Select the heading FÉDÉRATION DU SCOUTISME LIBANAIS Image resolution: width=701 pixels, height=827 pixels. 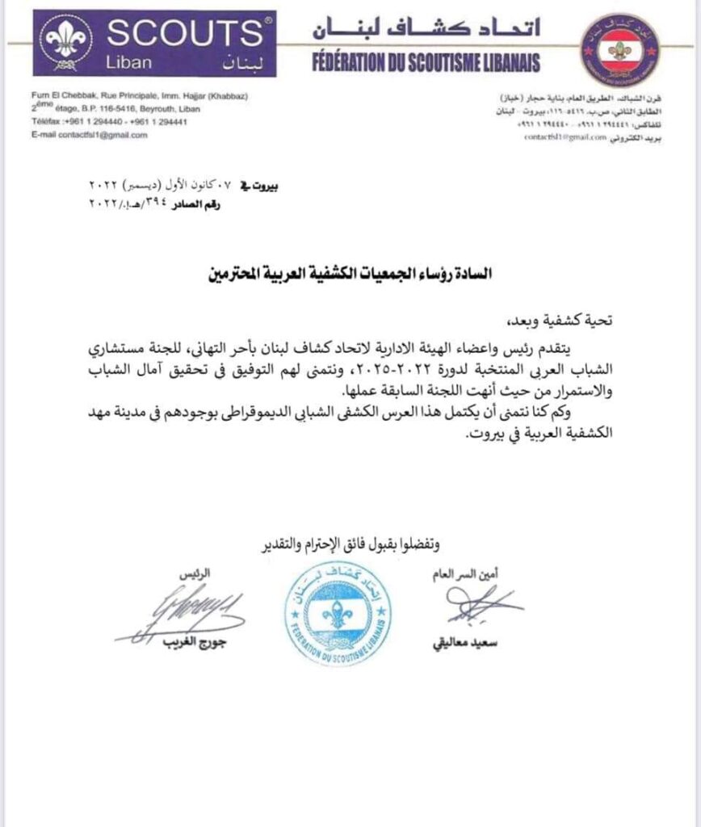point(425,62)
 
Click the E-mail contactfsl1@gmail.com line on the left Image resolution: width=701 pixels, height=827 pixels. point(90,135)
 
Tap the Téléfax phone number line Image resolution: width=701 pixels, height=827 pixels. point(110,121)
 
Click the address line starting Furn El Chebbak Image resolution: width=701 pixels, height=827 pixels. point(139,97)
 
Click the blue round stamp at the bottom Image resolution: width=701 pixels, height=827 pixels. point(337,613)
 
